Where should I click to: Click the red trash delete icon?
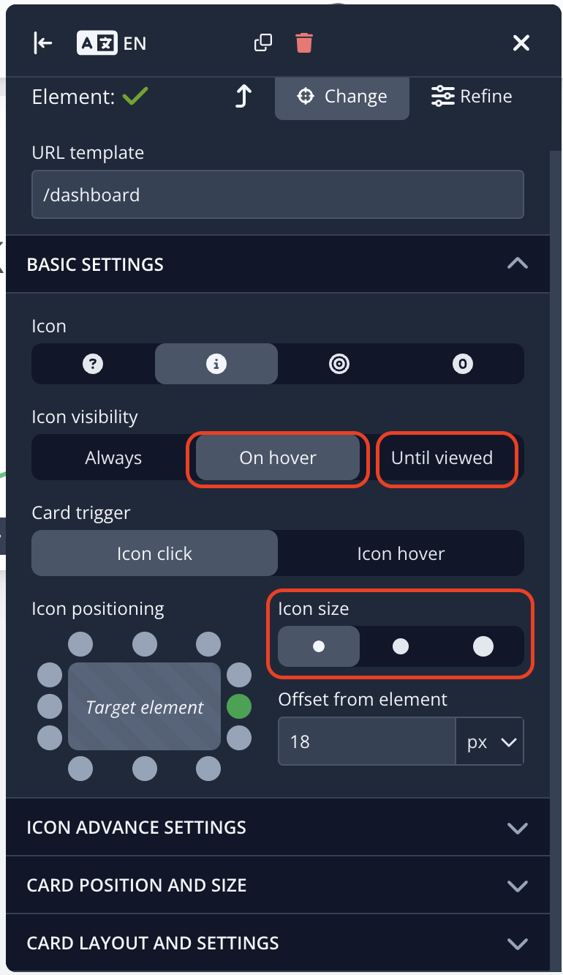(304, 43)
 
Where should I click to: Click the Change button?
(341, 97)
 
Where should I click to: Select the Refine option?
(472, 97)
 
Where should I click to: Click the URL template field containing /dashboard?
(277, 195)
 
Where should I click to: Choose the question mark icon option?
(93, 364)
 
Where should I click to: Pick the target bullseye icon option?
(339, 364)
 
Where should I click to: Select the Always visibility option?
(113, 458)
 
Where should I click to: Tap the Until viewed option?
(442, 458)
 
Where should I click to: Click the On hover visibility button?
(278, 458)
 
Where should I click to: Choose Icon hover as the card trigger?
(401, 553)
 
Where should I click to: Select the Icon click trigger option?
(154, 553)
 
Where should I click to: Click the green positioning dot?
(239, 707)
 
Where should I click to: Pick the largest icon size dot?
(483, 646)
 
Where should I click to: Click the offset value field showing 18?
(366, 741)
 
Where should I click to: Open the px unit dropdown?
(490, 741)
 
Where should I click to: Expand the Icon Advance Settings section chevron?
(517, 828)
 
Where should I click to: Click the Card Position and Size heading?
(137, 885)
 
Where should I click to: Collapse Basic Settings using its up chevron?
(517, 264)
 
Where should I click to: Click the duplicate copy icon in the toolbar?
(262, 43)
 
